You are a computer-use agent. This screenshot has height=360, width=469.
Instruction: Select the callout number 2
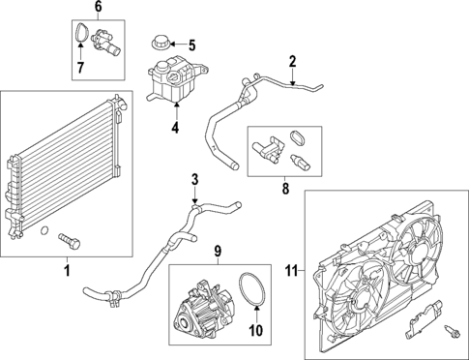tap(291, 62)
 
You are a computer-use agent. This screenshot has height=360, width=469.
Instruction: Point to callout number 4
tap(175, 126)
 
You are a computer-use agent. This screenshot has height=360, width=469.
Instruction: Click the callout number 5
tap(191, 45)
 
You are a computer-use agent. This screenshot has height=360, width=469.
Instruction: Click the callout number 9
tap(219, 255)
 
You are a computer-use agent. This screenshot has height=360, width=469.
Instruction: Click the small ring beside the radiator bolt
tap(44, 230)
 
